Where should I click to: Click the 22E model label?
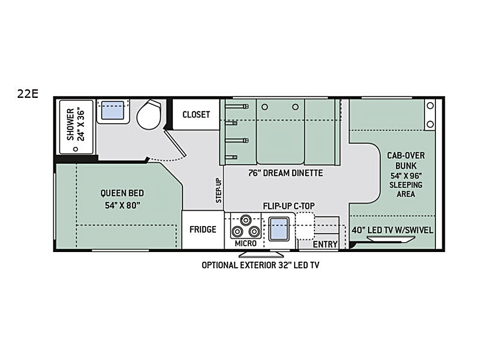pos(28,94)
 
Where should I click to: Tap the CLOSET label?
pos(196,115)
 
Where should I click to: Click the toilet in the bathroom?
pos(149,114)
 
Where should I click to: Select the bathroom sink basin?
pos(113,110)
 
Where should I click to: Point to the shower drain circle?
pos(76,149)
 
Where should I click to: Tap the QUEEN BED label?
pos(122,193)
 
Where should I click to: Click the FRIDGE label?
pos(203,229)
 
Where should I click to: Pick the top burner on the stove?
pos(245,220)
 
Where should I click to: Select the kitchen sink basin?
pos(278,229)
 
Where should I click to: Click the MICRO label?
pos(245,243)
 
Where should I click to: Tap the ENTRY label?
pos(325,244)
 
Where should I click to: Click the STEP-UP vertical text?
pos(218,191)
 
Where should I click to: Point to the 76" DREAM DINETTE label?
pos(285,173)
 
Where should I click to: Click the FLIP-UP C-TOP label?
pos(288,206)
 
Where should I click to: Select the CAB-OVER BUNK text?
pos(406,160)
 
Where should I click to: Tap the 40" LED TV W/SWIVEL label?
pos(392,230)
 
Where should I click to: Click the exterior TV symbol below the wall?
pos(261,255)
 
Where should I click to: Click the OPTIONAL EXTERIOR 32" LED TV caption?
pos(260,265)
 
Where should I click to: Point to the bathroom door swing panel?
pos(175,143)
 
